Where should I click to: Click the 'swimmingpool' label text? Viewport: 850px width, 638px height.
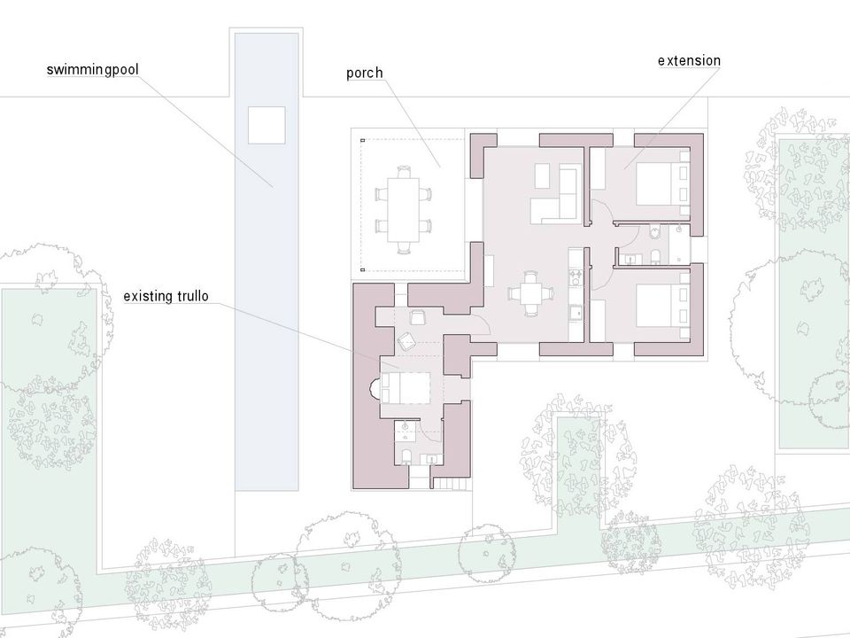click(x=92, y=70)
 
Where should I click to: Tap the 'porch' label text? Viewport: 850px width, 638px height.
click(x=364, y=73)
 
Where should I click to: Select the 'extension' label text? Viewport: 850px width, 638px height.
click(x=689, y=60)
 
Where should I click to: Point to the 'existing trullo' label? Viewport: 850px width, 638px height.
click(x=166, y=296)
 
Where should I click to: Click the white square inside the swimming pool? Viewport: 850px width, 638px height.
click(x=267, y=125)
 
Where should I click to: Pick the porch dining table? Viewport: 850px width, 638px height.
click(x=404, y=209)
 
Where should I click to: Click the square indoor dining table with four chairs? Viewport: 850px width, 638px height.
click(x=530, y=293)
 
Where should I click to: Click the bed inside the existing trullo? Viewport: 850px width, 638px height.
click(x=406, y=387)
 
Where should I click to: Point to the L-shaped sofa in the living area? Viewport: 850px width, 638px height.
click(x=556, y=197)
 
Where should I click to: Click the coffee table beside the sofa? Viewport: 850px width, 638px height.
click(x=542, y=175)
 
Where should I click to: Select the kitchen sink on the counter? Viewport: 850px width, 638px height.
click(x=575, y=313)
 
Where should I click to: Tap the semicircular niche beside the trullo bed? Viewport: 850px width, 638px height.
click(x=375, y=388)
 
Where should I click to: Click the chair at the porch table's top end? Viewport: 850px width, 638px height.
click(x=404, y=172)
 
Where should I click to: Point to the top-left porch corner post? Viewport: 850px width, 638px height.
click(x=363, y=140)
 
